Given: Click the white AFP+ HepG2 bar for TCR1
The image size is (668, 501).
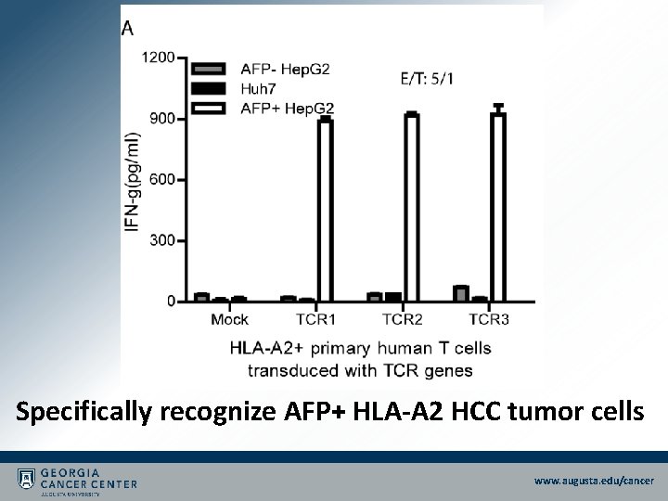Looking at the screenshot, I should (x=325, y=210).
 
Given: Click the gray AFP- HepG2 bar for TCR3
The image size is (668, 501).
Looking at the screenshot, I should (x=461, y=293).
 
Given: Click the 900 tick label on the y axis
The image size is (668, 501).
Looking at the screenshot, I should (x=161, y=119).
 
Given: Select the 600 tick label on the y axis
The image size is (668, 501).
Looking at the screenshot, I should (x=161, y=179).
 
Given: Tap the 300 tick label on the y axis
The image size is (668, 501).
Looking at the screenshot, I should (x=161, y=240).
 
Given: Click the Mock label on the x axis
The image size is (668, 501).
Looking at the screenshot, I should (x=229, y=320).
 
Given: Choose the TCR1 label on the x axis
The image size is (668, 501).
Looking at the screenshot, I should (x=315, y=320).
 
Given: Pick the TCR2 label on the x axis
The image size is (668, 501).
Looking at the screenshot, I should (x=402, y=320).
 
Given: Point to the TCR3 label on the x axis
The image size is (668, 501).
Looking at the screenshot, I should (x=489, y=320).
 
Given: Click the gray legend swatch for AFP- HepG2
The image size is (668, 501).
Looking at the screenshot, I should (x=209, y=69).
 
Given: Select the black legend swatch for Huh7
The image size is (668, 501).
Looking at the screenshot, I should (x=209, y=88).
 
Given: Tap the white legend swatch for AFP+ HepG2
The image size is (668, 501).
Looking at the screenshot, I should (x=209, y=109).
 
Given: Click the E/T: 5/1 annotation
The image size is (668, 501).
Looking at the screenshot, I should (x=427, y=78).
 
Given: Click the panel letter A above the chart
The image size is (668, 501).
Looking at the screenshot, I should (x=127, y=28).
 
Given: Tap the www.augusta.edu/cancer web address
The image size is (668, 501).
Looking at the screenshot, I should (x=594, y=481).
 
